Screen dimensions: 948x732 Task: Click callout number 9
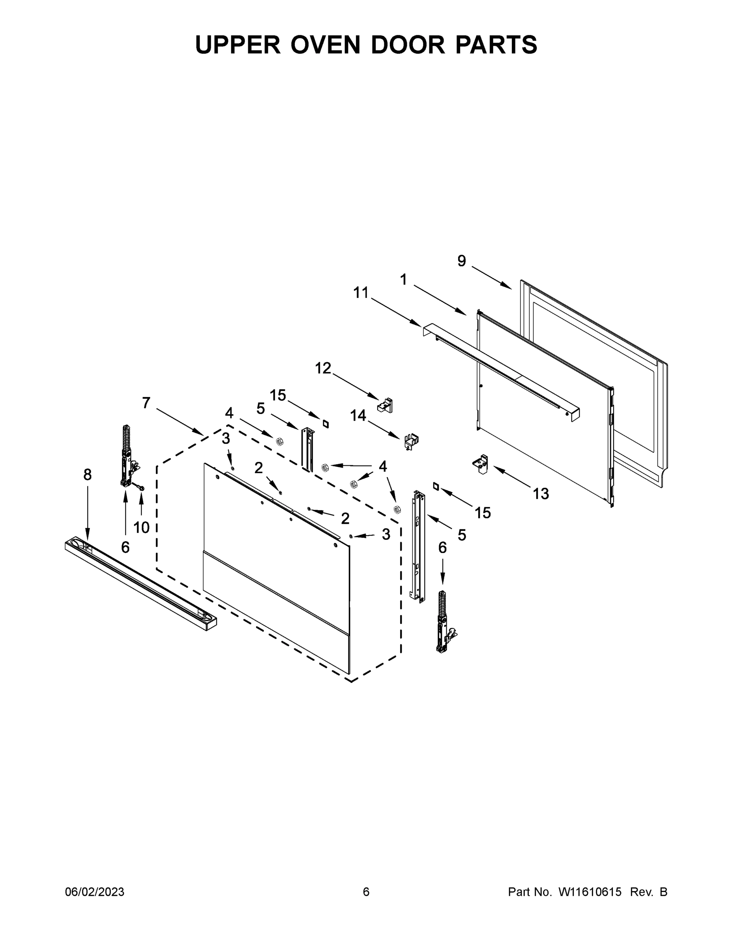click(x=461, y=261)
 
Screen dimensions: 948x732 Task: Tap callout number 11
click(x=361, y=293)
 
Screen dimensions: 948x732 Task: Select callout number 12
click(x=323, y=368)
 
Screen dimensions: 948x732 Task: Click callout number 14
click(x=358, y=416)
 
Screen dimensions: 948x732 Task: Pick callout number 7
click(x=146, y=403)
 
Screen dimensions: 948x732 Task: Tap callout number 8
click(x=88, y=475)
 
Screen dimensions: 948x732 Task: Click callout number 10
click(x=141, y=527)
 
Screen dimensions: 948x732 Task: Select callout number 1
click(x=403, y=280)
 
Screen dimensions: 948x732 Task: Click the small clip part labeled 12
click(x=386, y=405)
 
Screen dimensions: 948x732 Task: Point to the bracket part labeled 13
click(x=481, y=464)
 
